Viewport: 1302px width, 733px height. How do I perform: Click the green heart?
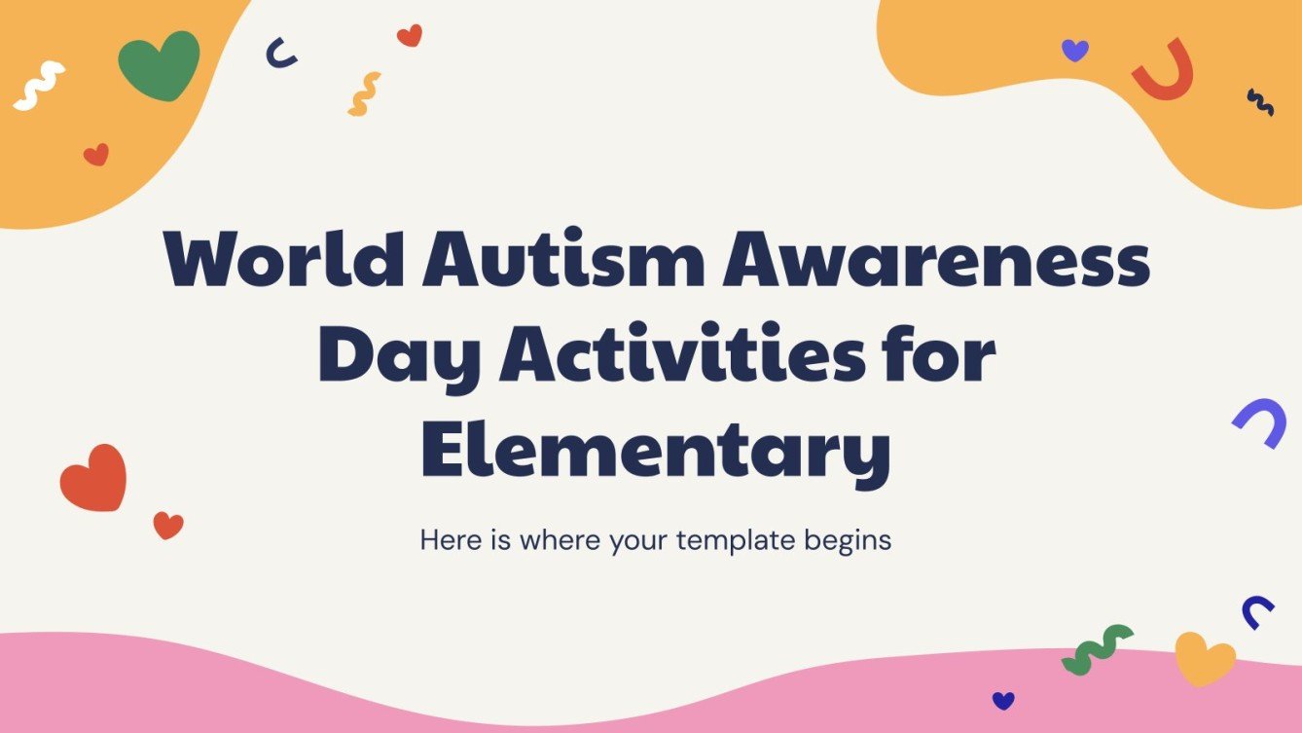click(159, 65)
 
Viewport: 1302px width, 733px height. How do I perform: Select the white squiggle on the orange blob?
click(38, 85)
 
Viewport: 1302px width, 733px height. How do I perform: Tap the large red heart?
click(93, 478)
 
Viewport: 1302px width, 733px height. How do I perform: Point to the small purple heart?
click(1074, 51)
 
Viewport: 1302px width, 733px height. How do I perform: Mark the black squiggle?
click(1260, 102)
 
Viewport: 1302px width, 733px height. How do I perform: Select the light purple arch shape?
click(1260, 421)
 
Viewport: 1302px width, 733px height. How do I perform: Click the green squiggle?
click(1097, 649)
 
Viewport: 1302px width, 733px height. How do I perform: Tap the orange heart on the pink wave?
click(1204, 658)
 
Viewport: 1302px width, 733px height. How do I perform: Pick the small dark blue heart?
click(1003, 700)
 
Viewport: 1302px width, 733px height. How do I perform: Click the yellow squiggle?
click(364, 94)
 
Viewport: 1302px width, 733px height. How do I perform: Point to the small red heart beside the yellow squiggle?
click(410, 36)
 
